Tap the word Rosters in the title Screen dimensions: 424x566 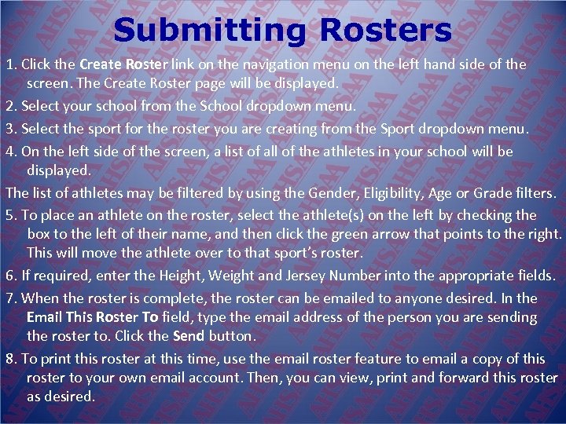coord(386,31)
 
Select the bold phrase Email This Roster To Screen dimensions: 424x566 coord(93,318)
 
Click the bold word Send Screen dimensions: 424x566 coord(188,336)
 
